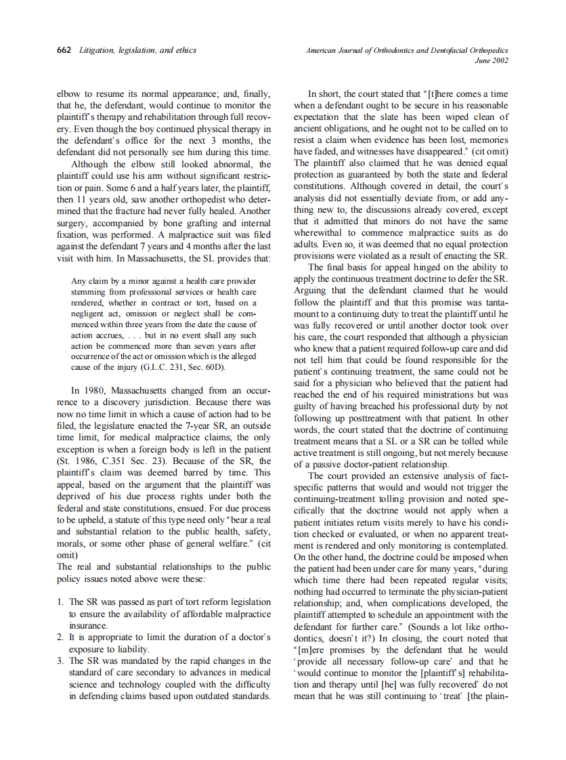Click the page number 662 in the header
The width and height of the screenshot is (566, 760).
click(x=66, y=51)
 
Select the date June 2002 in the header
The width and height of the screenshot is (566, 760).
click(x=492, y=61)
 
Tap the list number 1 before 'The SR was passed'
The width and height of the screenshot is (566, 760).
click(x=60, y=601)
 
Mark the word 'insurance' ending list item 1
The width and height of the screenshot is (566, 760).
click(x=88, y=625)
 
